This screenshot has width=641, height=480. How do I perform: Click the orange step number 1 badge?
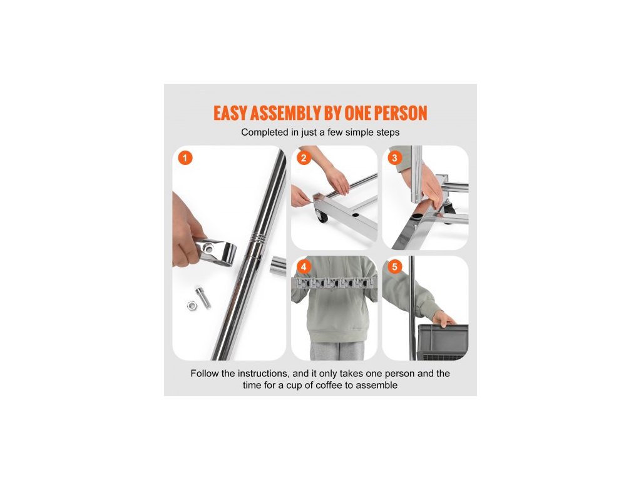point(185,158)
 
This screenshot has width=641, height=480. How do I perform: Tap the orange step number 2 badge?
point(304,158)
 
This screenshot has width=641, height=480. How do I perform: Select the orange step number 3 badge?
point(394,158)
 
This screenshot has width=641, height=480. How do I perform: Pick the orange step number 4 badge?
point(304,267)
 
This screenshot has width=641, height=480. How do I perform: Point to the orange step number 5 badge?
point(394,267)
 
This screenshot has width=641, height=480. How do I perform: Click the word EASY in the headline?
point(230,114)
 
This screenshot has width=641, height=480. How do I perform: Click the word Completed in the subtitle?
point(265,132)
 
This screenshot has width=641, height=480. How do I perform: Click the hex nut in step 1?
point(192,305)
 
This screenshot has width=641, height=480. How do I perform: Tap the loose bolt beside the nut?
point(203,297)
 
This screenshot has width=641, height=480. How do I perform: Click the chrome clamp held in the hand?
point(215,250)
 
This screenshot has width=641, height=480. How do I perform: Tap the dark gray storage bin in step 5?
point(443,342)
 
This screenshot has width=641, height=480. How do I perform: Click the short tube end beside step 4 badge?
point(278,265)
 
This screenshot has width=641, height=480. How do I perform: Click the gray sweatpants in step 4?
point(337,351)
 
